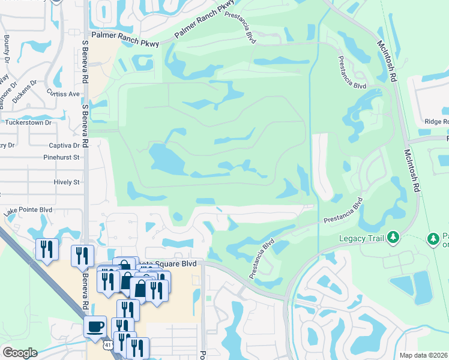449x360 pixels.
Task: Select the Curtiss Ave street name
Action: pos(63,94)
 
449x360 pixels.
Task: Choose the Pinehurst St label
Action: pos(61,157)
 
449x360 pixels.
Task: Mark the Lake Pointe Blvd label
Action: pos(28,211)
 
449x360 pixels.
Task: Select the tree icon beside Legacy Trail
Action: pos(393,238)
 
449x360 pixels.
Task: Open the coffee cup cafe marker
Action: pos(95,327)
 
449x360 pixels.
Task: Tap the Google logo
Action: pos(19,353)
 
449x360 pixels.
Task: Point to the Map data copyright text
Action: pos(424,355)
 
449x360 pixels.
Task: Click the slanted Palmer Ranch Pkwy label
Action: pos(204,20)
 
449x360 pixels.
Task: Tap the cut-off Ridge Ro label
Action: pos(436,121)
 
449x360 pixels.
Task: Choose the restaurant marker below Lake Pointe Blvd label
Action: pos(47,249)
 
